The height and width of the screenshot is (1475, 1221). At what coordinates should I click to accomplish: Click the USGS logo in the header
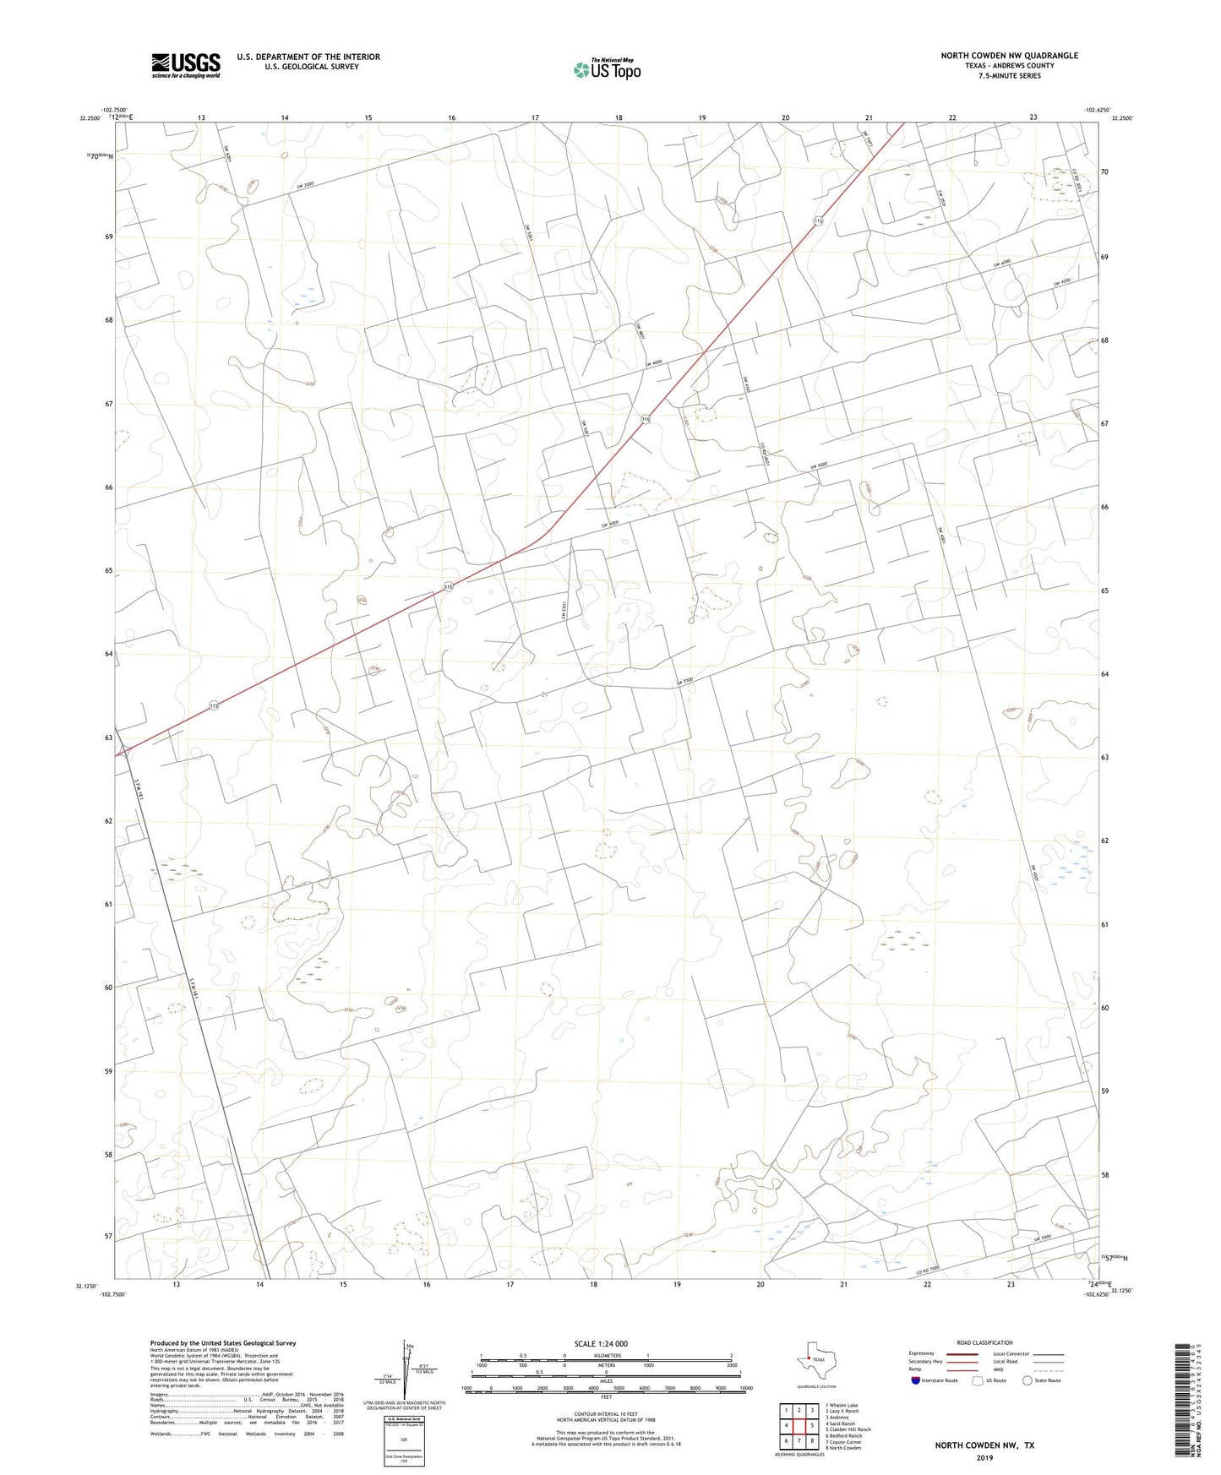click(186, 65)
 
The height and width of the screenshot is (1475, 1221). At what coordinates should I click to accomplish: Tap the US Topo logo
click(607, 69)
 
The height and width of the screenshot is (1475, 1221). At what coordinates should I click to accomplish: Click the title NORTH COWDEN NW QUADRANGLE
click(1009, 56)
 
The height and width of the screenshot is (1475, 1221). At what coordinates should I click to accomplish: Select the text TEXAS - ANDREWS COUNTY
click(1009, 66)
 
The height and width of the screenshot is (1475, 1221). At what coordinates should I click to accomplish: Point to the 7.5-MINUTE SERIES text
click(1009, 76)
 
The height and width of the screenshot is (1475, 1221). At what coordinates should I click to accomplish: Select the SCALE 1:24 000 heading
click(601, 1344)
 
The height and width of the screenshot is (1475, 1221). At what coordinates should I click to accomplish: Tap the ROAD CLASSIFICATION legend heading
click(984, 1342)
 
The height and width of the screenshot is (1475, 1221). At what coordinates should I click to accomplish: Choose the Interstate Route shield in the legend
click(916, 1380)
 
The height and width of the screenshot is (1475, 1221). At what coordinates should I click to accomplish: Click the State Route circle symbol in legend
click(1027, 1380)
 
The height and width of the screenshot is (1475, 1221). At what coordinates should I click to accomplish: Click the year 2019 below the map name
click(984, 1457)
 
